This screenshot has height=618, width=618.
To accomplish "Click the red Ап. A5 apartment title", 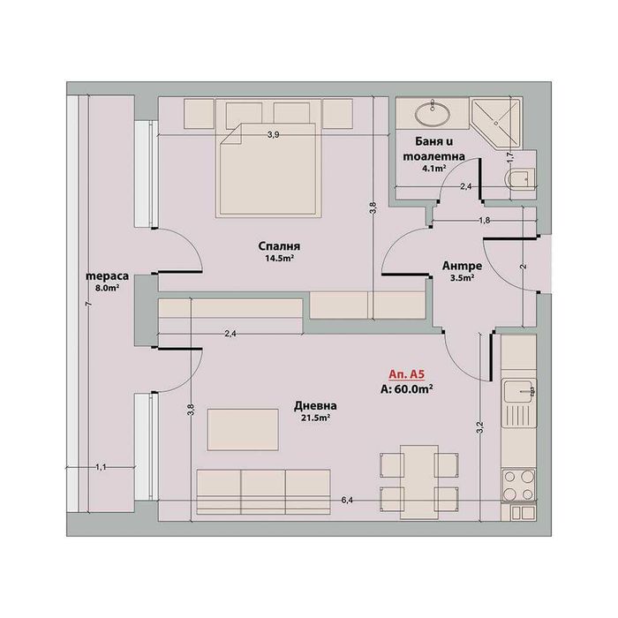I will tap(407, 373).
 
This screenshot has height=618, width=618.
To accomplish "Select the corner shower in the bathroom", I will tap(495, 123).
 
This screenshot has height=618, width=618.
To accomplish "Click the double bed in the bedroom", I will tap(260, 172).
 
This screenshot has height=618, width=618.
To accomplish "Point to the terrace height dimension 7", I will tap(87, 305).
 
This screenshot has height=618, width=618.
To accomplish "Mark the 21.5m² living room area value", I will tap(314, 418).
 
